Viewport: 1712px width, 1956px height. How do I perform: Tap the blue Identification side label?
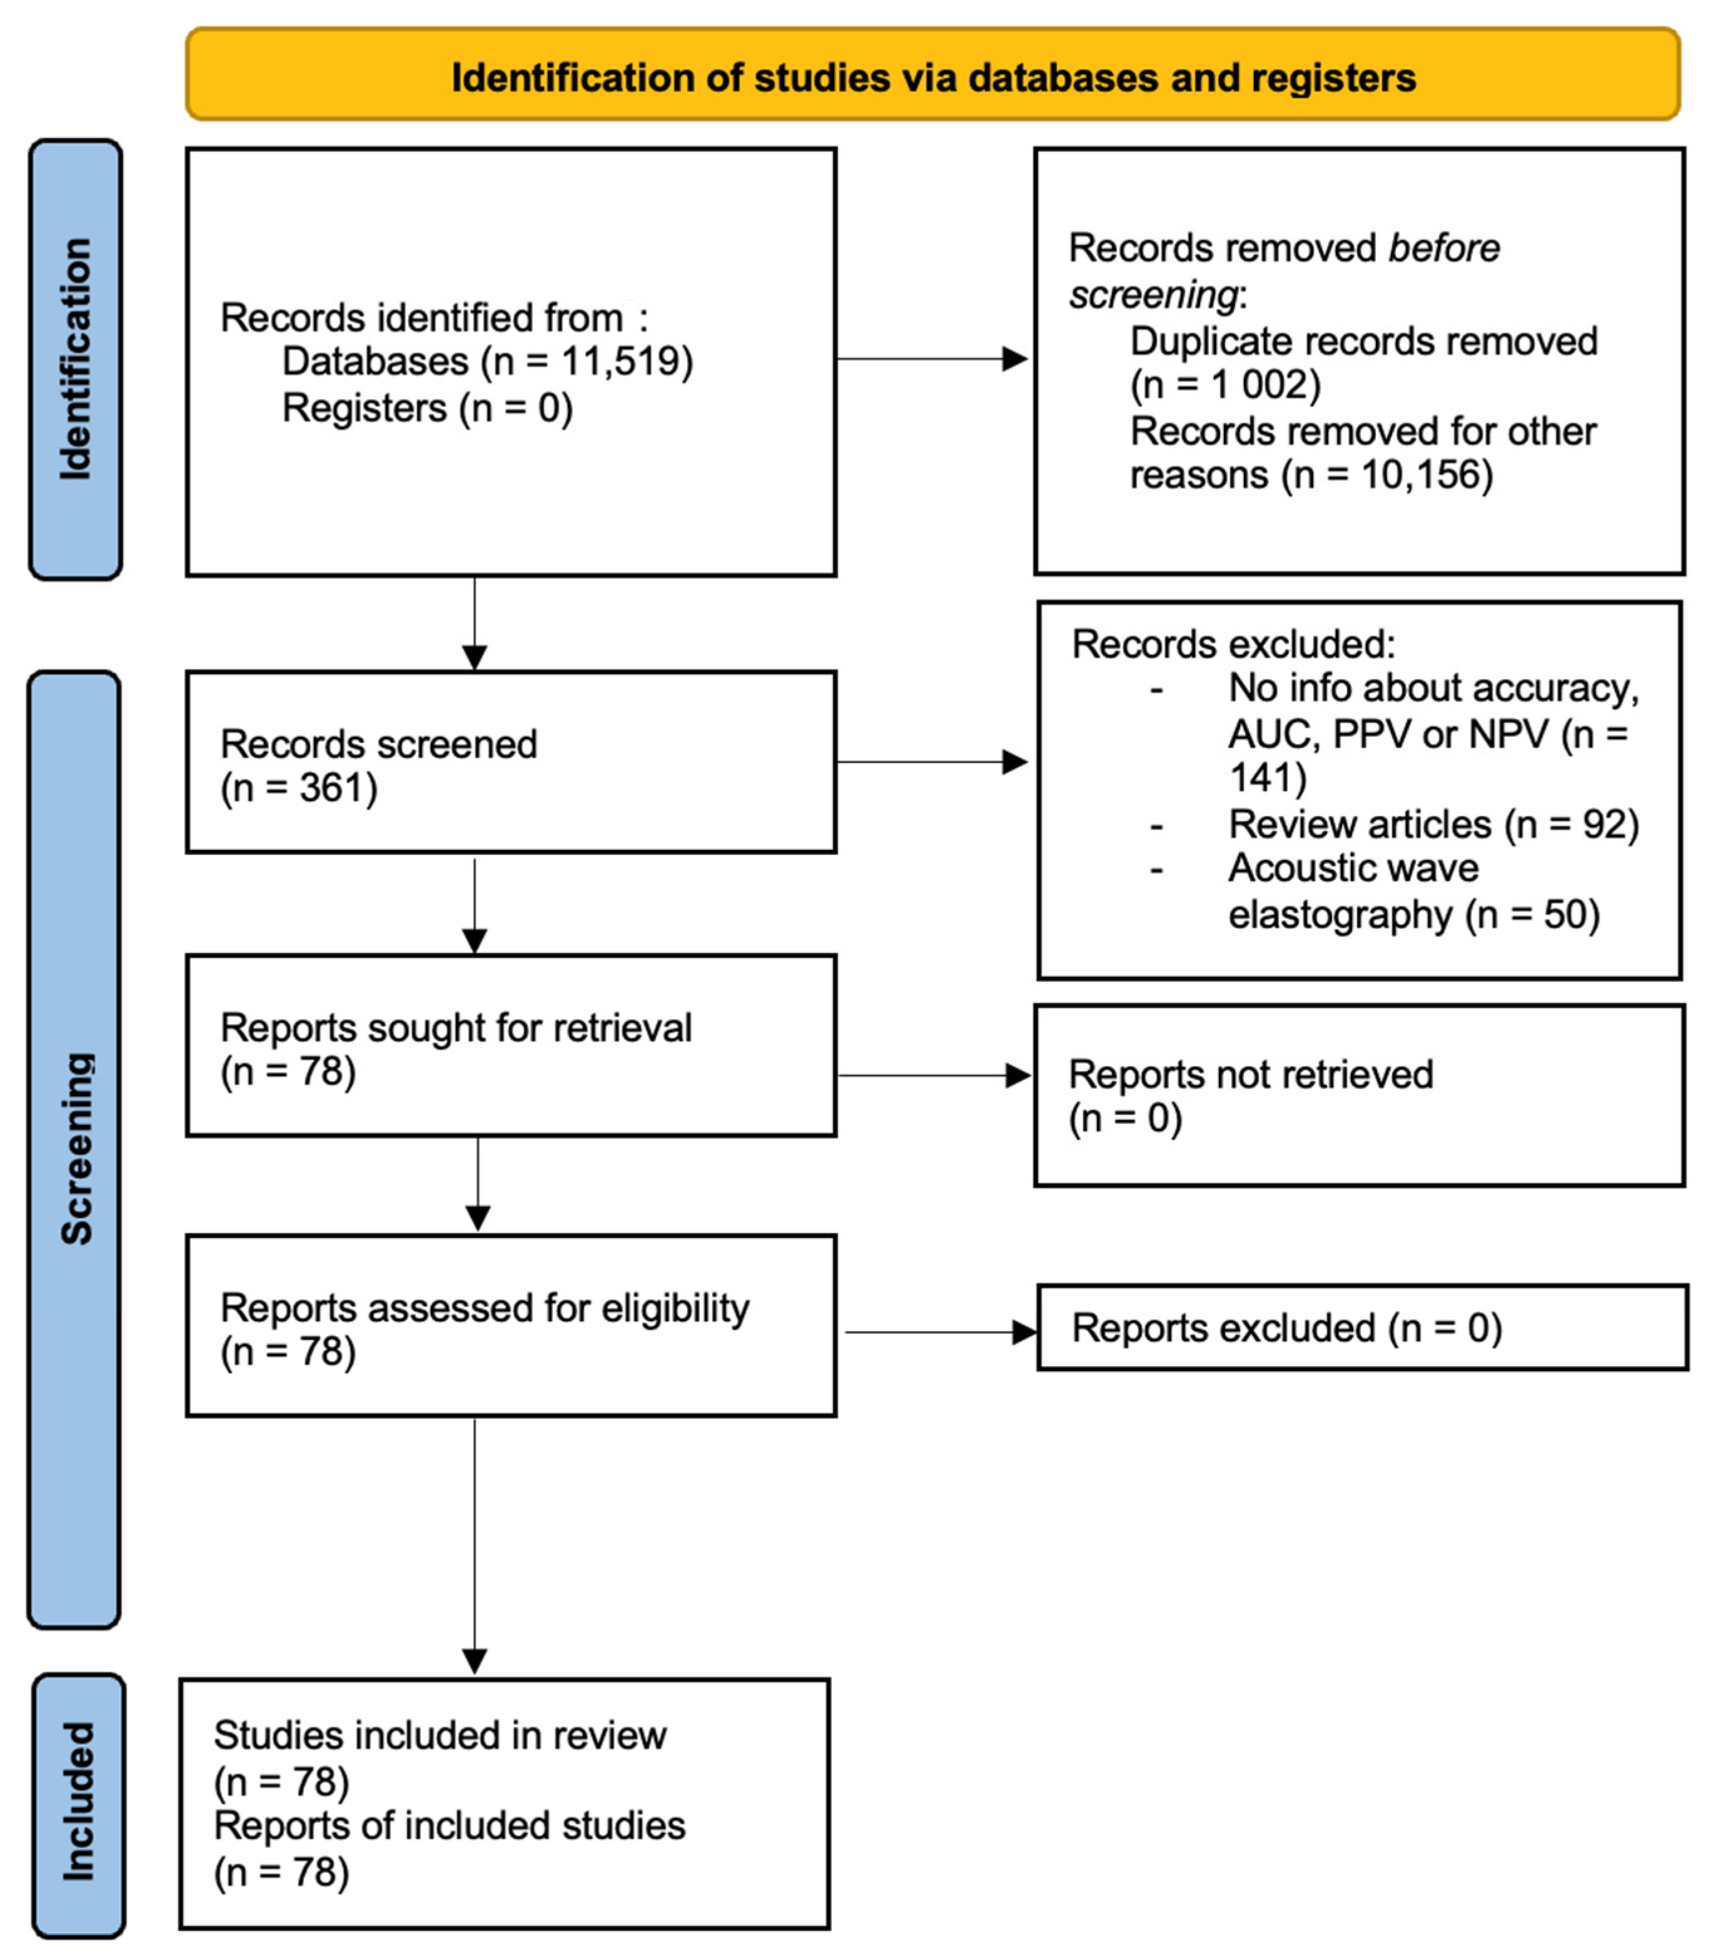[75, 359]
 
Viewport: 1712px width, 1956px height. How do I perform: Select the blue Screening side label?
[75, 1148]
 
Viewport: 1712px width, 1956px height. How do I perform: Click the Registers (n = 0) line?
[427, 408]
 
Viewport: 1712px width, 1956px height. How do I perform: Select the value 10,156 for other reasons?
[1420, 475]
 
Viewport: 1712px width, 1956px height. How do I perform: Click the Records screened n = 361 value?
[337, 788]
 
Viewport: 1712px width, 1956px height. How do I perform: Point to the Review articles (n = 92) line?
[1433, 824]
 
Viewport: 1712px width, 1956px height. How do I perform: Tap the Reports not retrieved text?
[1250, 1075]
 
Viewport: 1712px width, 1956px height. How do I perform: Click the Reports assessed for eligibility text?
[484, 1308]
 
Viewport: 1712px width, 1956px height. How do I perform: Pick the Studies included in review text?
[439, 1736]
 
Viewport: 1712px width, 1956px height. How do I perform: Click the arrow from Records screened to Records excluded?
[932, 762]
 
